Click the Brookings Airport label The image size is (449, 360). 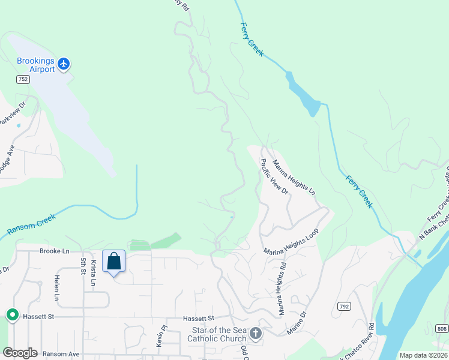click(x=35, y=65)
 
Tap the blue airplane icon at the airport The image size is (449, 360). click(x=64, y=62)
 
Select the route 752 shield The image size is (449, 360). click(x=23, y=79)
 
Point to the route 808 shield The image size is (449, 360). click(x=442, y=328)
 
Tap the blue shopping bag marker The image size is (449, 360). click(x=113, y=262)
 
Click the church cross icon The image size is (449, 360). click(x=256, y=333)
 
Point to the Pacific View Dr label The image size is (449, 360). click(x=274, y=176)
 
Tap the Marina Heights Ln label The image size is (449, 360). click(x=294, y=178)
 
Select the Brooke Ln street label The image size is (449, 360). click(x=55, y=251)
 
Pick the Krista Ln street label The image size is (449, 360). click(x=94, y=274)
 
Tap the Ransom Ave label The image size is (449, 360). click(x=62, y=354)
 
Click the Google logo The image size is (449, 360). click(x=20, y=353)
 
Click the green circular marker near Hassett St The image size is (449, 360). click(x=11, y=314)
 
